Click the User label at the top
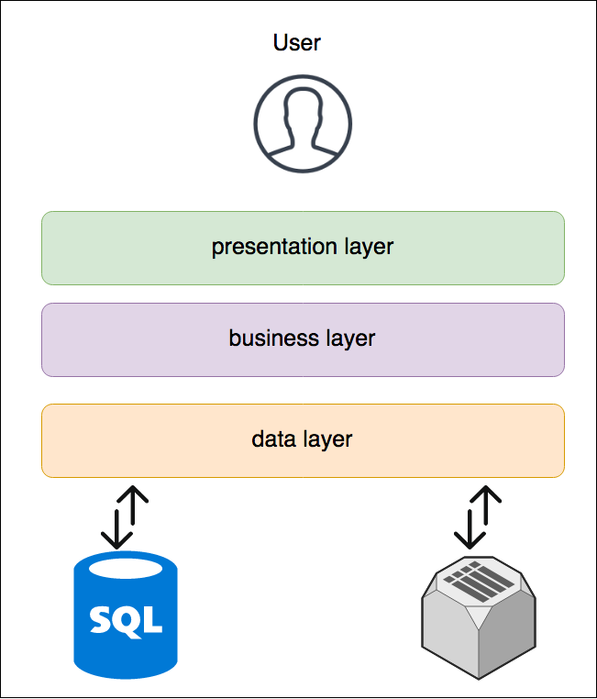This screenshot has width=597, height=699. point(297,42)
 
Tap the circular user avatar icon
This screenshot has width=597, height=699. point(303,123)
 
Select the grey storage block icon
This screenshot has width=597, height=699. point(478,633)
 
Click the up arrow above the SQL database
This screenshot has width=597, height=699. point(134,509)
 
